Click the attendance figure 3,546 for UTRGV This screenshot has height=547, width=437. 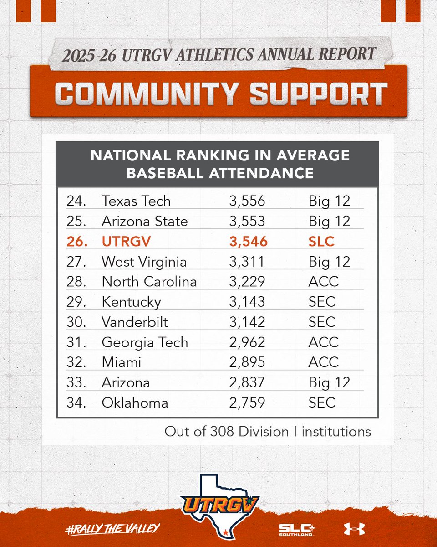click(x=249, y=242)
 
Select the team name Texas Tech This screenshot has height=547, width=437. click(x=136, y=201)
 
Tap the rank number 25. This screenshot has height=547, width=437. click(x=76, y=221)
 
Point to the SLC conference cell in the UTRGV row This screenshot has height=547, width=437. click(x=321, y=242)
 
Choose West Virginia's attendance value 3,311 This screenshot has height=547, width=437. click(x=247, y=262)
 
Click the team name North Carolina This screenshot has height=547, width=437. click(x=149, y=282)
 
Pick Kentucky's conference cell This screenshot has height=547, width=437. click(x=322, y=302)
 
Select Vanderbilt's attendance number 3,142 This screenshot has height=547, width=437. click(x=247, y=322)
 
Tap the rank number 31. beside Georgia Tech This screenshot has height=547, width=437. click(x=76, y=342)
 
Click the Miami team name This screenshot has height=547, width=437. click(x=122, y=362)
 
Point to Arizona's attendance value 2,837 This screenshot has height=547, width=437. click(x=247, y=382)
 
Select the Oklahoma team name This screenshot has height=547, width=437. click(x=135, y=403)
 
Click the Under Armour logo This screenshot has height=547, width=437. click(x=355, y=529)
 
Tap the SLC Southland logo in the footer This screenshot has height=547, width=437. click(x=297, y=530)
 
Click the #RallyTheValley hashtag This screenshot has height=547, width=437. click(x=112, y=529)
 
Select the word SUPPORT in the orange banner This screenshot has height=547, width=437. click(x=319, y=93)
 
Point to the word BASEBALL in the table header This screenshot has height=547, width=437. click(x=165, y=173)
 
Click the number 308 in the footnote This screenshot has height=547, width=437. click(x=222, y=432)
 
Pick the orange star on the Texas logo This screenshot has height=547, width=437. click(x=225, y=532)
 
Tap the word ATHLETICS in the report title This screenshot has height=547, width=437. click(x=214, y=55)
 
